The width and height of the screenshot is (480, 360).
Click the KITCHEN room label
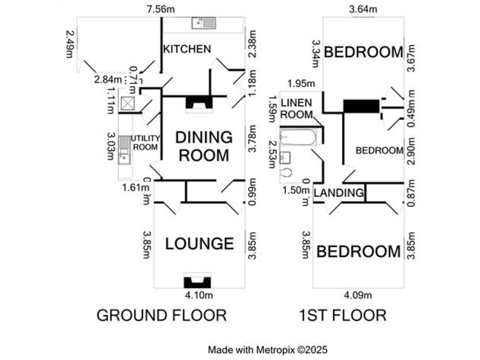(x=186, y=49)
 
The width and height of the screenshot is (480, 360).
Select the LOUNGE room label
(x=199, y=244)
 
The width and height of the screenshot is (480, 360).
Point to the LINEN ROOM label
(x=296, y=108)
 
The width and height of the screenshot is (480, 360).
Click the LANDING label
(x=338, y=192)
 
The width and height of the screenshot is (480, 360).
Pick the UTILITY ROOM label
(x=146, y=142)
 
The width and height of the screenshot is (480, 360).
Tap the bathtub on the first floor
(x=301, y=136)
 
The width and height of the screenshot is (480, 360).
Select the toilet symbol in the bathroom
(x=287, y=172)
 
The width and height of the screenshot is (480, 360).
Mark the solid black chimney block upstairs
(x=361, y=106)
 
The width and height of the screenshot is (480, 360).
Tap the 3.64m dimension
(x=363, y=9)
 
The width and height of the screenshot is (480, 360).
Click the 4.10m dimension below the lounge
(x=199, y=295)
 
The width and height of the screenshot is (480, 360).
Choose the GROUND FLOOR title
(x=161, y=315)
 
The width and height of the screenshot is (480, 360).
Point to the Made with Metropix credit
(x=267, y=350)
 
